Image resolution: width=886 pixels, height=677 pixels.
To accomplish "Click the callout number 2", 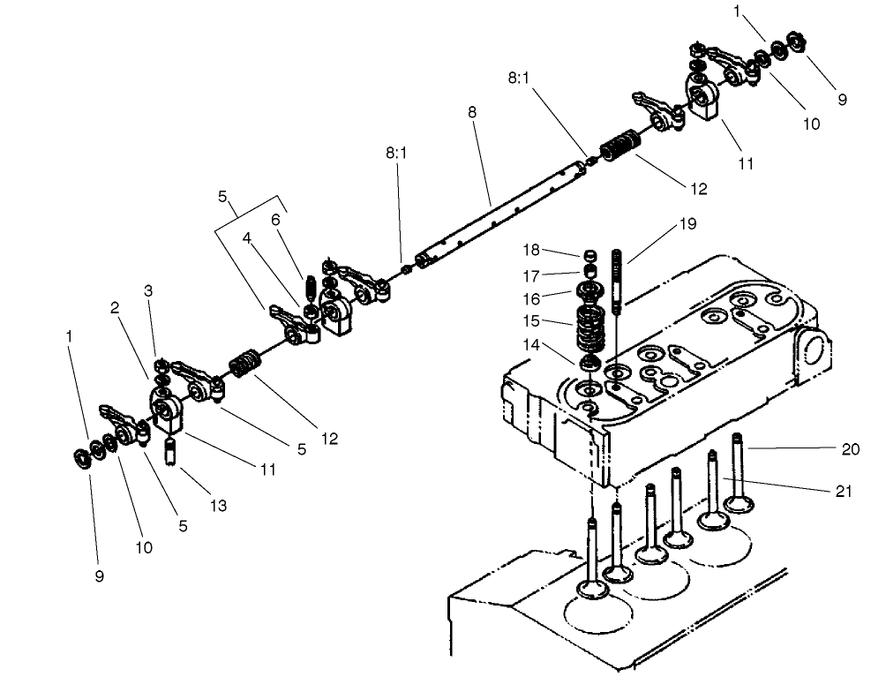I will click(115, 307).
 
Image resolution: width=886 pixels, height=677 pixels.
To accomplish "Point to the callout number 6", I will click(275, 220).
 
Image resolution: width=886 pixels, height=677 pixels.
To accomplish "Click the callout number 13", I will click(218, 506).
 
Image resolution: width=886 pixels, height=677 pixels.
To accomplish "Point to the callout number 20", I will click(850, 448).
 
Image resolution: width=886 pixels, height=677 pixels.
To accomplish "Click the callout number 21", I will click(845, 491).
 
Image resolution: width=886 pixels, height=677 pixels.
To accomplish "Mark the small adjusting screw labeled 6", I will click(310, 288).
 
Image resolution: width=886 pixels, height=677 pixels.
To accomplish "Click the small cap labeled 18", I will click(588, 254).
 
